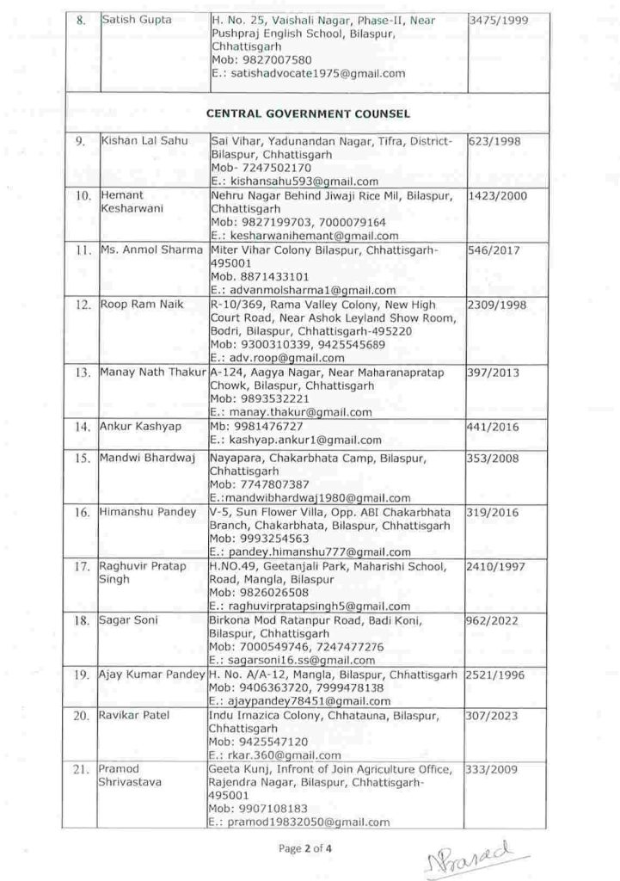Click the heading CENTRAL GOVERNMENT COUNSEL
click(x=307, y=113)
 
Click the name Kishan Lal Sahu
click(x=140, y=140)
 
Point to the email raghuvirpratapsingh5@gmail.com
click(x=309, y=606)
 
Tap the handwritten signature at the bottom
click(x=475, y=857)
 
